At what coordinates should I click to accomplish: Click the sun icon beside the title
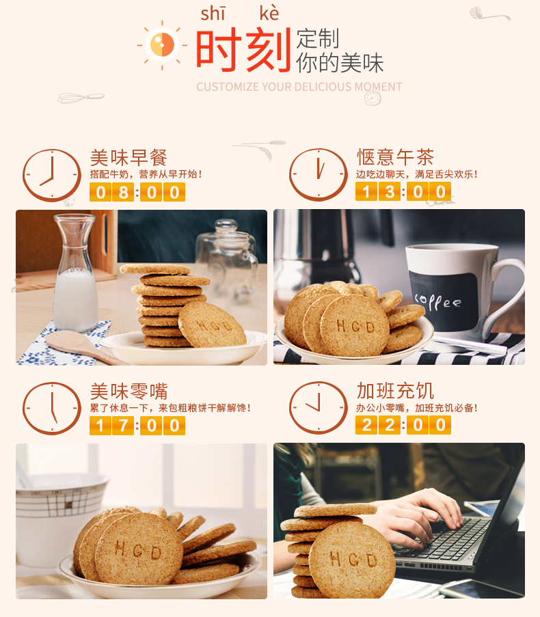(x=162, y=45)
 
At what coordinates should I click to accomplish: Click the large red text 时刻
(x=243, y=50)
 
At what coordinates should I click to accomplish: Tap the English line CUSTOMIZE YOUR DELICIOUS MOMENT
(x=299, y=87)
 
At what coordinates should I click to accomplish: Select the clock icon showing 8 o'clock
(x=51, y=175)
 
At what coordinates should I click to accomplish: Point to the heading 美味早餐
(x=129, y=158)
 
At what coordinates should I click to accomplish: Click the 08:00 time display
(x=137, y=193)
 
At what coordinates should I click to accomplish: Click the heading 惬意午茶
(x=395, y=157)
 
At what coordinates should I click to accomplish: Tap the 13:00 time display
(x=403, y=191)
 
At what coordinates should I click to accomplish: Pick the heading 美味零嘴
(x=129, y=391)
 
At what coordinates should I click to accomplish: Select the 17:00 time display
(x=137, y=426)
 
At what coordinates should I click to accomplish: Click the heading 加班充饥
(x=395, y=390)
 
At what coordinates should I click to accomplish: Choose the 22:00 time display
(x=403, y=425)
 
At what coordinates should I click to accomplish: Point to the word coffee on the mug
(x=437, y=302)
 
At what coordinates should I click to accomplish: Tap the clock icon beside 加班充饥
(x=319, y=408)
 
